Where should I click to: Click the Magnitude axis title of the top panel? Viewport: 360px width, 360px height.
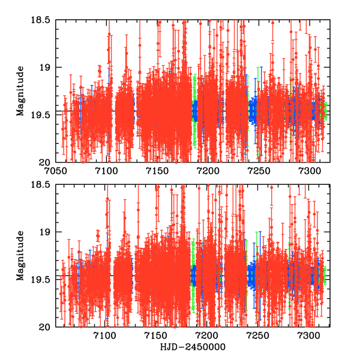tap(20, 91)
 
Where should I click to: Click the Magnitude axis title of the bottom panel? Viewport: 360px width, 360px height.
tap(20, 256)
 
